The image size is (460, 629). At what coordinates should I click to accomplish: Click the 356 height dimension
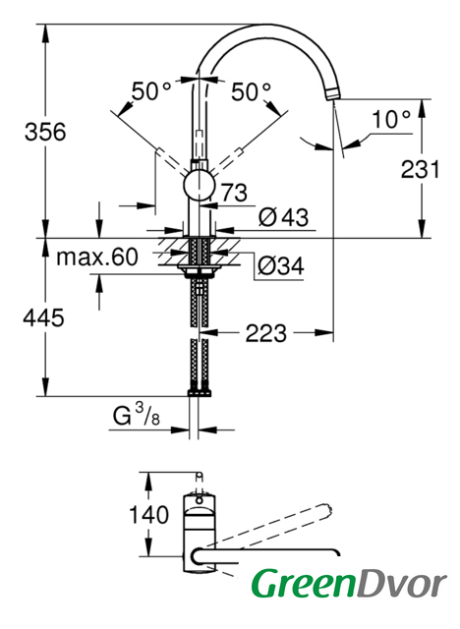pyautogui.click(x=45, y=132)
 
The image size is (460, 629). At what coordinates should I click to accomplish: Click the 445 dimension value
pyautogui.click(x=43, y=318)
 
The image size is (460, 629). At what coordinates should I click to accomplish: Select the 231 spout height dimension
pyautogui.click(x=421, y=170)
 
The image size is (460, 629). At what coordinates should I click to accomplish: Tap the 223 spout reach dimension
pyautogui.click(x=266, y=333)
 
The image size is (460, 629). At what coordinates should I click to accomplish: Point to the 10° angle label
pyautogui.click(x=391, y=119)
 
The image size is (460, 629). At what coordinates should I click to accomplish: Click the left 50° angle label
pyautogui.click(x=150, y=91)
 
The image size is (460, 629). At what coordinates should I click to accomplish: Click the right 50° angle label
pyautogui.click(x=251, y=91)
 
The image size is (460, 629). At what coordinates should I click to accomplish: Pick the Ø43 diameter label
pyautogui.click(x=283, y=217)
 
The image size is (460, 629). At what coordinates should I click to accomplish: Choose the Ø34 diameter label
pyautogui.click(x=281, y=265)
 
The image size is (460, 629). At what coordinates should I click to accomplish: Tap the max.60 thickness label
pyautogui.click(x=97, y=257)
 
